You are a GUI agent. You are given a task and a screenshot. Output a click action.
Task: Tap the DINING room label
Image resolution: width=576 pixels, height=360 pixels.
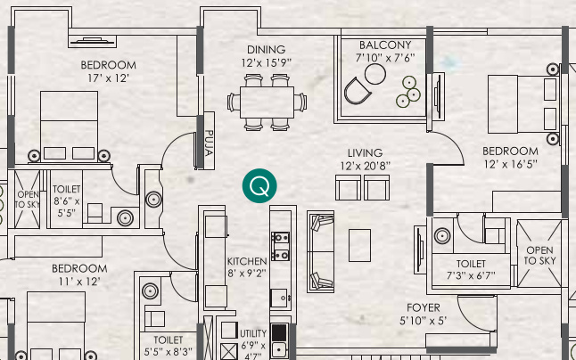(267, 49)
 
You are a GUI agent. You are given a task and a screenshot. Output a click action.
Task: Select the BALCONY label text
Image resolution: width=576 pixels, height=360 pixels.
(385, 45)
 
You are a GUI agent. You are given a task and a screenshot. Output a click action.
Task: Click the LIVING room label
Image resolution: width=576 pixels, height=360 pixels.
(366, 152)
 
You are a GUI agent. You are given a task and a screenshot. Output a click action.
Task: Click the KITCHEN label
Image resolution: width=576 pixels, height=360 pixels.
(246, 261)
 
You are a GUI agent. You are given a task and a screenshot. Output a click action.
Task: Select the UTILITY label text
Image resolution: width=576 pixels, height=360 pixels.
(253, 333)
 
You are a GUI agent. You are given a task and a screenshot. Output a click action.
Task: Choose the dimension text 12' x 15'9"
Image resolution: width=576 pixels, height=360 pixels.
(267, 62)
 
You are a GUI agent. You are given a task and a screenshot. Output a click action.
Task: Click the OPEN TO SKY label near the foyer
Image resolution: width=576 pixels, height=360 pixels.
(539, 255)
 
